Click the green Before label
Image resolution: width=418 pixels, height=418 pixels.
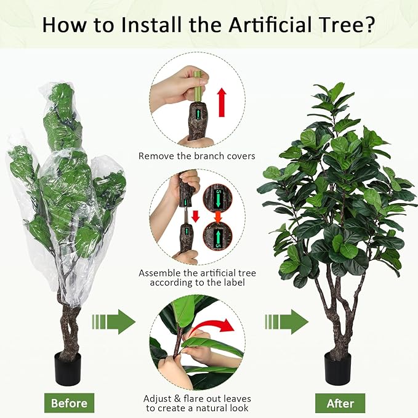[x=69, y=403]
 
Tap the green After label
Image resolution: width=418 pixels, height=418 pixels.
[x=340, y=403]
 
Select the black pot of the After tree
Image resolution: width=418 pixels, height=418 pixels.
[x=338, y=368]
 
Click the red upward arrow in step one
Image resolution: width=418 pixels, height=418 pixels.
[x=222, y=102]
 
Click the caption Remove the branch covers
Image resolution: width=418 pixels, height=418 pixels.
[x=196, y=156]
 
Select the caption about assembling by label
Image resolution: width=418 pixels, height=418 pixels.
[x=196, y=278]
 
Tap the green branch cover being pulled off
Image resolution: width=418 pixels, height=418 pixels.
[x=198, y=86]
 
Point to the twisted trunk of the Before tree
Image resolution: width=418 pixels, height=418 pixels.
[x=69, y=320]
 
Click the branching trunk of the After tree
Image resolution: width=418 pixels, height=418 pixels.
[x=336, y=308]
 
